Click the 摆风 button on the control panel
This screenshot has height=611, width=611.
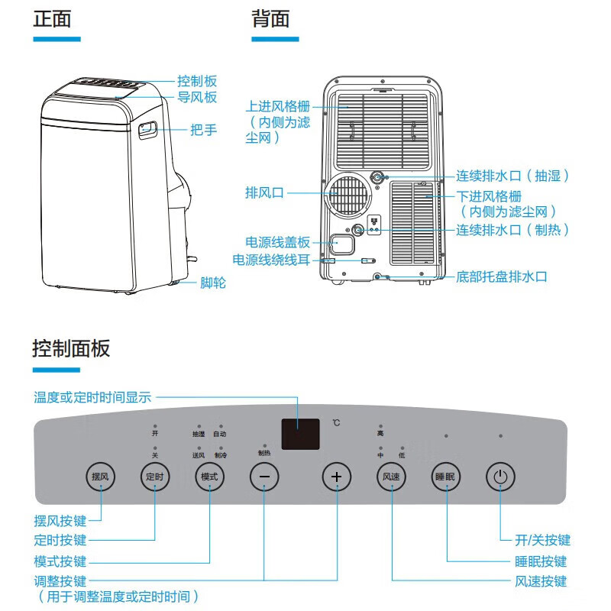tap(100, 477)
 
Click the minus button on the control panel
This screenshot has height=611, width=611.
tap(264, 477)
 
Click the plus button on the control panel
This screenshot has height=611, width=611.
tap(336, 477)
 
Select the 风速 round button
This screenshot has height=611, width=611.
tap(392, 477)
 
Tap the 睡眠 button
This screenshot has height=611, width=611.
tap(446, 477)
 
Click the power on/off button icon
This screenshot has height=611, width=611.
tap(500, 477)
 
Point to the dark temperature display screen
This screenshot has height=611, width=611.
tap(300, 434)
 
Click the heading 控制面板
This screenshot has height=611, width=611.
tap(71, 349)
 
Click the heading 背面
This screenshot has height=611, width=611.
tap(271, 19)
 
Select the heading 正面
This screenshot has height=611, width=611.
tap(52, 19)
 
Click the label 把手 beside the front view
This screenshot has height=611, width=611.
tap(203, 131)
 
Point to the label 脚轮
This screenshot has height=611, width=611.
tap(213, 283)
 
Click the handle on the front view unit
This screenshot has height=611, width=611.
tap(147, 130)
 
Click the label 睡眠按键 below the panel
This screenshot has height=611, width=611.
tap(541, 561)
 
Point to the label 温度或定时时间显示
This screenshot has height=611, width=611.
tap(92, 397)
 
